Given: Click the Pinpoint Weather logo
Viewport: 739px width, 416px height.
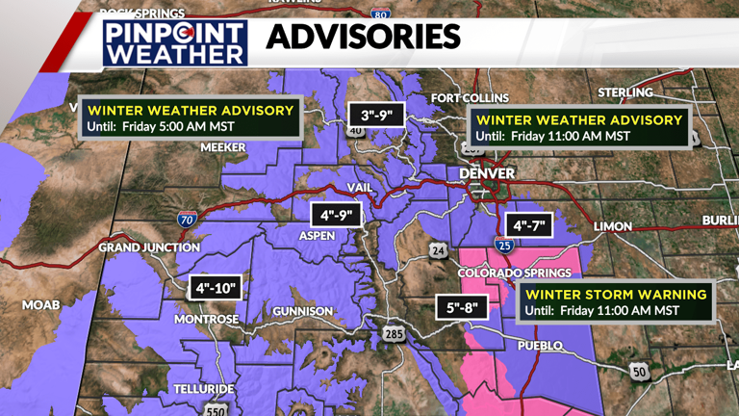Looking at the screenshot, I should [x=174, y=41].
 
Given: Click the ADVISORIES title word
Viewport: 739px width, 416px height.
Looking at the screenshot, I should [x=363, y=38].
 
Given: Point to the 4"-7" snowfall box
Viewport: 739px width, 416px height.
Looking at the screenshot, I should [x=530, y=226].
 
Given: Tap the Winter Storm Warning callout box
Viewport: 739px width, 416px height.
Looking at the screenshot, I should [x=617, y=302].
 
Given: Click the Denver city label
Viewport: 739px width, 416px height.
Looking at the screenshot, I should [x=481, y=172].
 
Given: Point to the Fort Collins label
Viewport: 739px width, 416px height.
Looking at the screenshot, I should [x=470, y=98].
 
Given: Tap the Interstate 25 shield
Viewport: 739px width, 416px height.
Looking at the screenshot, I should [x=504, y=247].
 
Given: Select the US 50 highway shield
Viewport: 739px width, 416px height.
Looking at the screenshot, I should [x=639, y=371].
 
